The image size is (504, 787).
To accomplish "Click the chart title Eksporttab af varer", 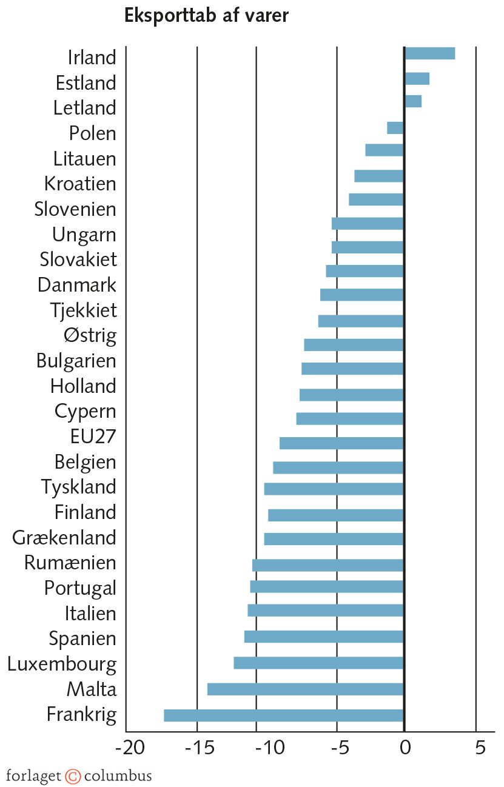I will click(x=206, y=16).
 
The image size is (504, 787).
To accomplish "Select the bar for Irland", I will click(x=429, y=53).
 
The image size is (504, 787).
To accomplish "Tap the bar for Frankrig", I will click(x=284, y=715).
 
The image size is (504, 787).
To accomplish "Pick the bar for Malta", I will click(x=306, y=689).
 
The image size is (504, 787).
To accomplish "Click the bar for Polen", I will click(x=395, y=128).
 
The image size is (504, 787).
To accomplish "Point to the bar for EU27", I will click(x=341, y=443).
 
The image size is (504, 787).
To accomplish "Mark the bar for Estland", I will click(x=417, y=79).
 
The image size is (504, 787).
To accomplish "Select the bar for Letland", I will click(x=413, y=101).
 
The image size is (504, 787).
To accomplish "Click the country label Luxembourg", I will click(x=62, y=664).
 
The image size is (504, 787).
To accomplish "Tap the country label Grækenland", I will click(x=64, y=538).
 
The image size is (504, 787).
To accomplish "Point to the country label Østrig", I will click(x=90, y=335).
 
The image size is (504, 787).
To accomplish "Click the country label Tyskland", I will click(x=78, y=487).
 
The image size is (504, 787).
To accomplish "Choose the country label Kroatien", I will click(x=80, y=183).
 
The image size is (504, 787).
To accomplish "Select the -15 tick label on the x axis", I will click(x=198, y=748).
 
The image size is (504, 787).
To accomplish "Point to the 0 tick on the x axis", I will click(x=404, y=748).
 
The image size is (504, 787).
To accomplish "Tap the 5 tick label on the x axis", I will click(x=480, y=748).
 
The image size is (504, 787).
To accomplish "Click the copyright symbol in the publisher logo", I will click(x=73, y=776).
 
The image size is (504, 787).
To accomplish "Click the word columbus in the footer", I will click(x=118, y=776).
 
